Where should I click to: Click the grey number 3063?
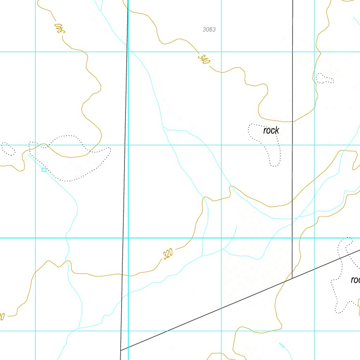tap(209, 30)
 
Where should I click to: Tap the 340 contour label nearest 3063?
tap(204, 59)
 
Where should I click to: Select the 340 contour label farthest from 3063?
tap(61, 28)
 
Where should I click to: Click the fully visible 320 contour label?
tap(168, 253)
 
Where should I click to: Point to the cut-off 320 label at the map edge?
tap(2, 316)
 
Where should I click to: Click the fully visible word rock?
tap(271, 130)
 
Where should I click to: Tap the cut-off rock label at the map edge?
tap(355, 280)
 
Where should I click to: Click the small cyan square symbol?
tap(44, 170)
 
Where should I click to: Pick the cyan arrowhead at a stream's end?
tap(281, 345)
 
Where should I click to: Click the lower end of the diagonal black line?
tap(121, 350)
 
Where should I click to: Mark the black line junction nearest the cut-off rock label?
tap(292, 278)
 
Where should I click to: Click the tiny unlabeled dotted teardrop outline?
tap(324, 78)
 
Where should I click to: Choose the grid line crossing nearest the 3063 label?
tap(221, 52)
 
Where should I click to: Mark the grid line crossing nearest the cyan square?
tap(36, 145)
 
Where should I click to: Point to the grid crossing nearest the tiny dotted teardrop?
tap(314, 52)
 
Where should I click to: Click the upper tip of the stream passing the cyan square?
tap(28, 154)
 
